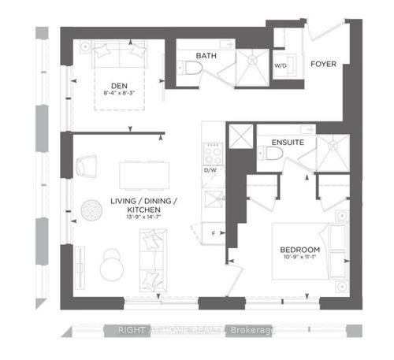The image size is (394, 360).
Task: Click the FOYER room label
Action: (x=323, y=64)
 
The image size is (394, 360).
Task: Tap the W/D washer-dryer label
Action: (x=281, y=65)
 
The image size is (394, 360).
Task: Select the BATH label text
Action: (x=206, y=56)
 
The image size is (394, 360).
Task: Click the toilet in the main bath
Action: (x=189, y=68)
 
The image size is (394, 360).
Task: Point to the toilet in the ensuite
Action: (x=271, y=153)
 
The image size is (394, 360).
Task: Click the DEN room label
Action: (x=119, y=86)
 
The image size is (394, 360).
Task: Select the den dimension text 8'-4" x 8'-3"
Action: (x=119, y=93)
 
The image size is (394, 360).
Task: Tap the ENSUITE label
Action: (x=288, y=143)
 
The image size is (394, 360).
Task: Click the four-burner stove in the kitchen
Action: (x=213, y=154)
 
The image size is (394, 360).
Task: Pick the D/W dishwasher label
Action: (x=210, y=170)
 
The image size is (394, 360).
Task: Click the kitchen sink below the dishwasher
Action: (x=214, y=199)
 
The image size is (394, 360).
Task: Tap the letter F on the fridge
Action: (x=214, y=233)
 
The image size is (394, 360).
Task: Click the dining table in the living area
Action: (x=144, y=176)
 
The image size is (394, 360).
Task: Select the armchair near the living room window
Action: (x=86, y=166)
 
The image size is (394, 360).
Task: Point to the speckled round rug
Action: (x=91, y=210)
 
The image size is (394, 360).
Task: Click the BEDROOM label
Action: (x=300, y=250)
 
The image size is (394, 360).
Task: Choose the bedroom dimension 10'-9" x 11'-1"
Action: (x=300, y=257)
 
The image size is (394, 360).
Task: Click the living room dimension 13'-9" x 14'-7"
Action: (x=143, y=217)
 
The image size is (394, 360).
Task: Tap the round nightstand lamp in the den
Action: (x=85, y=47)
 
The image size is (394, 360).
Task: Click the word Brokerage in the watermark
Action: (x=251, y=330)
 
